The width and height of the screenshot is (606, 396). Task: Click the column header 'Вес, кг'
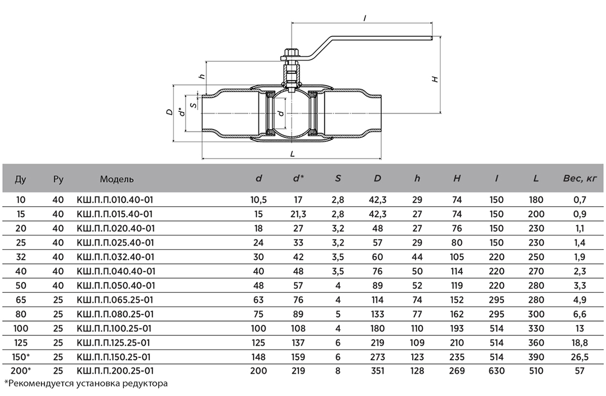[580, 179]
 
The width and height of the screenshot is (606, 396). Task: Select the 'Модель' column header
[117, 179]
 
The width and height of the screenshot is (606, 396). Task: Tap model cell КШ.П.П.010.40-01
[115, 200]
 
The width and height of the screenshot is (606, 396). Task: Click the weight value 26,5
[580, 357]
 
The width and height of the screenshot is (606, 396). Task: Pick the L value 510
[536, 371]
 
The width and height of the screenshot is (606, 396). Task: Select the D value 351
[377, 371]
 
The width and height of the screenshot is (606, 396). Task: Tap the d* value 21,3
[298, 214]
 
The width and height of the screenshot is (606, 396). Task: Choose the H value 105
[457, 256]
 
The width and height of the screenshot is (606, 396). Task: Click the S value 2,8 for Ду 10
[338, 200]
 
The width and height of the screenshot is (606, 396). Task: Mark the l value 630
[496, 371]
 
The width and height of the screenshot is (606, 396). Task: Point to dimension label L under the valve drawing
[293, 154]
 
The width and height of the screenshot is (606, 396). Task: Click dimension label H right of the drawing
[436, 79]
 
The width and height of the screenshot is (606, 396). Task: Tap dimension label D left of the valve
[169, 113]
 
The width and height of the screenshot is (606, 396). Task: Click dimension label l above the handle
[365, 18]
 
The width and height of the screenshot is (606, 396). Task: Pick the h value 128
[417, 371]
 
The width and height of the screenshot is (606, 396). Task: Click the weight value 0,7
[580, 200]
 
